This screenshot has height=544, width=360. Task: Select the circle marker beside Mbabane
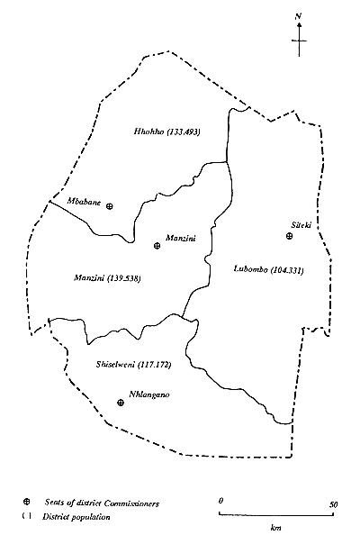pos(110,206)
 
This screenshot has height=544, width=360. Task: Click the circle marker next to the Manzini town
pos(157,244)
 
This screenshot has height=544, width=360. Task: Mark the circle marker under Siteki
pos(289,236)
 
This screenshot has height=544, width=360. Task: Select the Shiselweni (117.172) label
pos(132,365)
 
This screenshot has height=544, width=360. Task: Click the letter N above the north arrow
pos(299,15)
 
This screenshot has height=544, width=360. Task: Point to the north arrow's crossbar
pos(299,41)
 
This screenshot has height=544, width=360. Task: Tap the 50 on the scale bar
pos(332,503)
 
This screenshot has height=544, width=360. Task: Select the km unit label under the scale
pos(276,529)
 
